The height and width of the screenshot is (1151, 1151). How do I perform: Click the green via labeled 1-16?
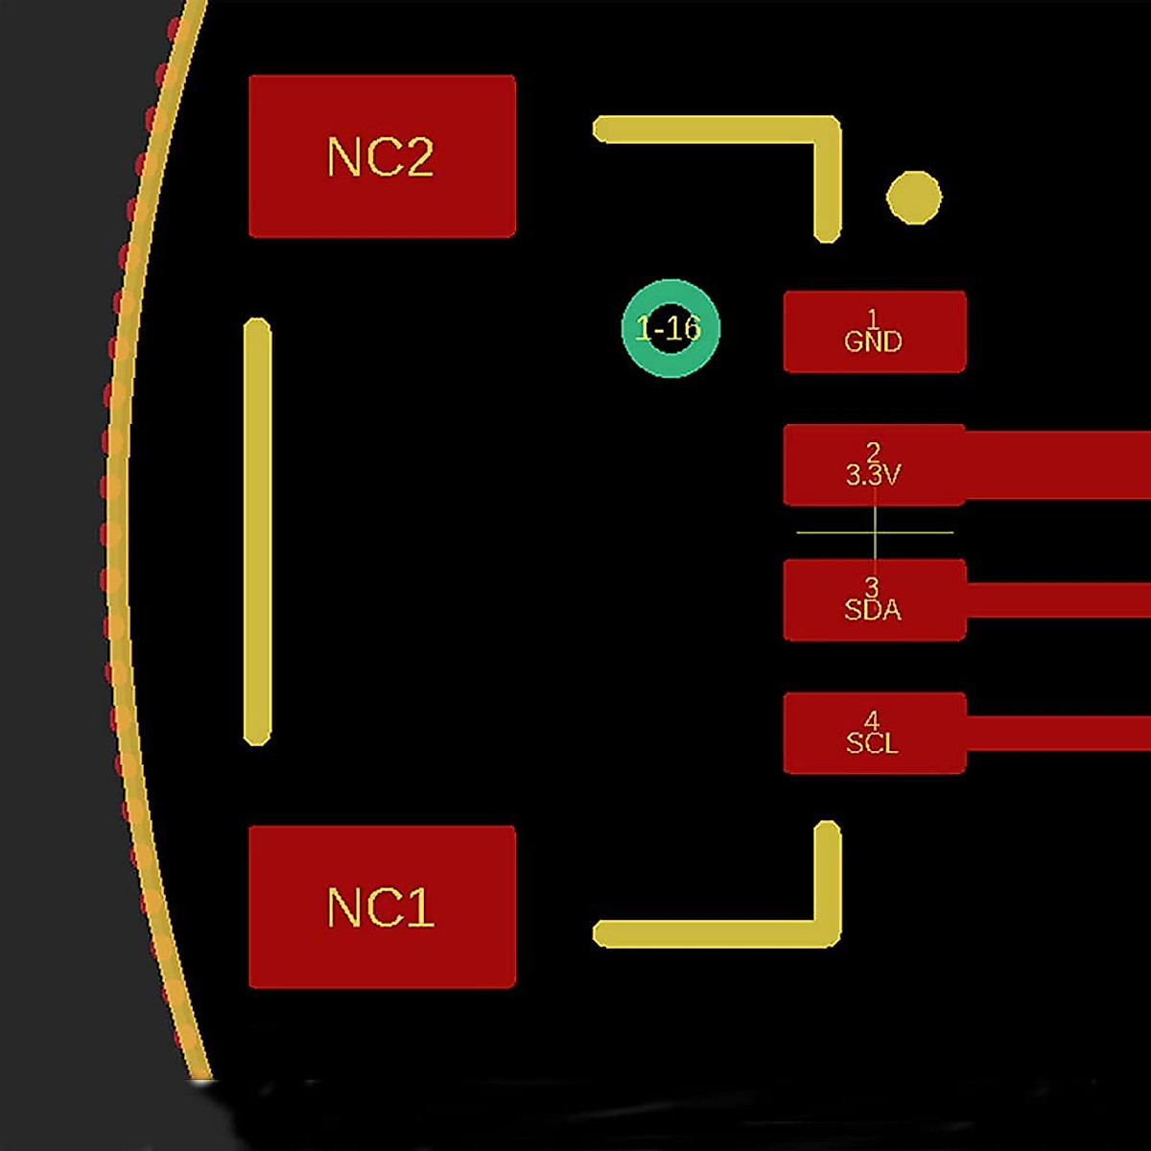(670, 328)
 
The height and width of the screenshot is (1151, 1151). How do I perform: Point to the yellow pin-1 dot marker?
(913, 198)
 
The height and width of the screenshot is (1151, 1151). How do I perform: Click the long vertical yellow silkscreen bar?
(257, 532)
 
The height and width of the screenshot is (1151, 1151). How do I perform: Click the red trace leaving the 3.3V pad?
(1055, 465)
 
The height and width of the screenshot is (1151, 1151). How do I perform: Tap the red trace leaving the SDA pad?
(1055, 599)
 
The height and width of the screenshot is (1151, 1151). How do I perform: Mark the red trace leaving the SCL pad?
(1055, 733)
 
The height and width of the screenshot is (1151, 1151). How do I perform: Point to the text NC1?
(381, 907)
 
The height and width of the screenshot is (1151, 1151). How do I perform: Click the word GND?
(873, 342)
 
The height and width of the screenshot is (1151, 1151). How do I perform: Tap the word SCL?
(873, 743)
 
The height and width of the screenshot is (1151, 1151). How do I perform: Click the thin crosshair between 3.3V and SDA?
(875, 532)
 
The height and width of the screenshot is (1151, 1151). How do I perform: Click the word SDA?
(873, 610)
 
